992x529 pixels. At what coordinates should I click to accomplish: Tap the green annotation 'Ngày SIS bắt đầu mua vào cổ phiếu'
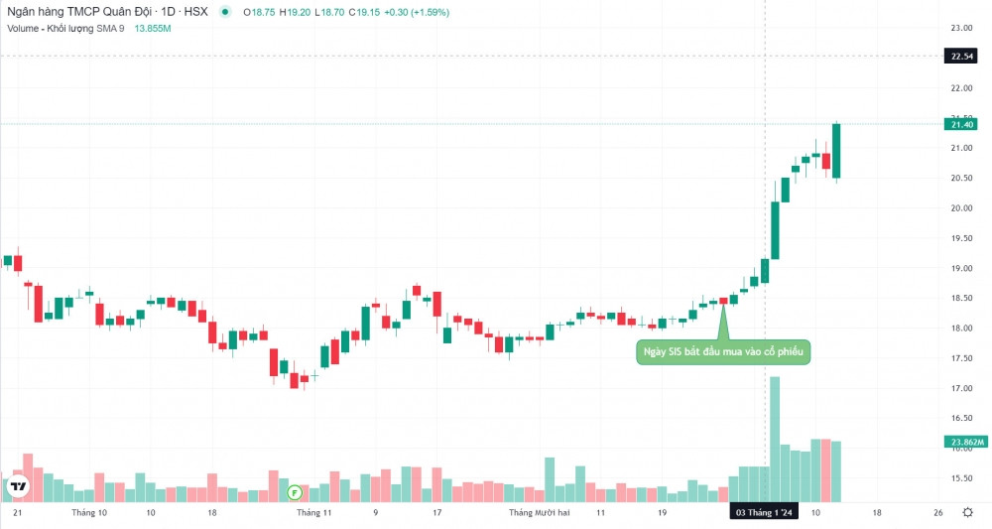click(722, 351)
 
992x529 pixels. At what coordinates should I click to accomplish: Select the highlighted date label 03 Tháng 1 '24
click(764, 513)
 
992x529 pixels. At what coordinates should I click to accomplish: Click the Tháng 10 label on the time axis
click(89, 513)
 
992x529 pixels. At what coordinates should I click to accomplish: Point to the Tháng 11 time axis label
click(313, 513)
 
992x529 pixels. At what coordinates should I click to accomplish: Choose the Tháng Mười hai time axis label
click(539, 513)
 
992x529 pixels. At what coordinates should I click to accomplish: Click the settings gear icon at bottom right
click(967, 512)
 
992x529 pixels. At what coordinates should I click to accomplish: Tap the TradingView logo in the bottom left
click(17, 486)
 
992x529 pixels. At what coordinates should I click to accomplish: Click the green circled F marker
click(294, 491)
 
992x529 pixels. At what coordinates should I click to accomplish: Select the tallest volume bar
click(775, 439)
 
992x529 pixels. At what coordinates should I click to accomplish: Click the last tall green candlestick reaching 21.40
click(837, 151)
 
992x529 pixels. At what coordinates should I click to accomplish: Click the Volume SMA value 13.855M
click(153, 28)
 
